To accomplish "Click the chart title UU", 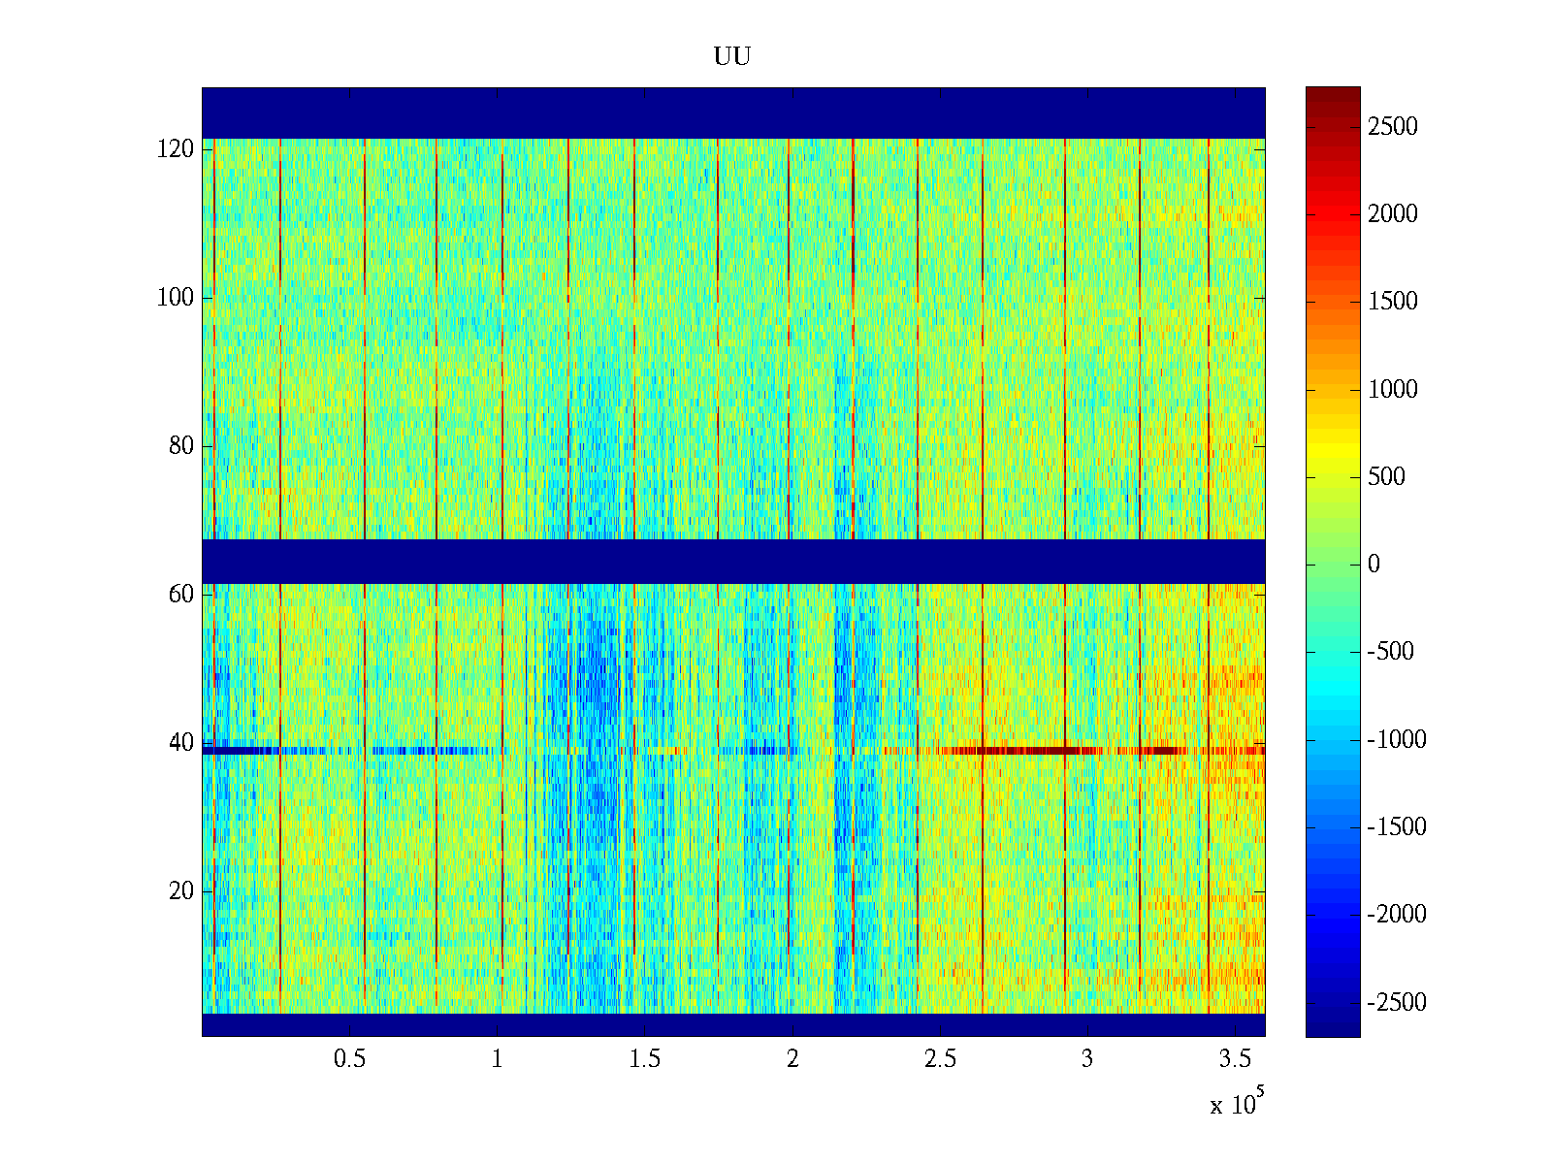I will point(732,57).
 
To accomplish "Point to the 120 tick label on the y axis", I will point(175,149).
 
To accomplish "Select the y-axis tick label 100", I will point(175,298).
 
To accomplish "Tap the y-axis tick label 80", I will point(180,446).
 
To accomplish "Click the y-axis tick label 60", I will point(180,595).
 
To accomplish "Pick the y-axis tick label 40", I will point(180,743).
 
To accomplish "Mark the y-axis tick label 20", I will point(180,891).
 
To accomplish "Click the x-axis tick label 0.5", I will point(349,1059).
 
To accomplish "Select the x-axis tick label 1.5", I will point(644,1059).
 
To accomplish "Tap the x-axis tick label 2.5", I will point(940,1059).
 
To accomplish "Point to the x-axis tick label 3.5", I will point(1235,1059).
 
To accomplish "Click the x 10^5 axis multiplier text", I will point(1236,1103).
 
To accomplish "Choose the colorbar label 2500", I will point(1392,127).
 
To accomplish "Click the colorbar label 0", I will point(1374,565).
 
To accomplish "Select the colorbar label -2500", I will point(1397,1003).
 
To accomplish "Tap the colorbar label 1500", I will point(1392,302).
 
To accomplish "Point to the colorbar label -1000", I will point(1397,740).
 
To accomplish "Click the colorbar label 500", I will point(1386,477).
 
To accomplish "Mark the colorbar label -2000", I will point(1397,915).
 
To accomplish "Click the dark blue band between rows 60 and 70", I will point(732,562).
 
